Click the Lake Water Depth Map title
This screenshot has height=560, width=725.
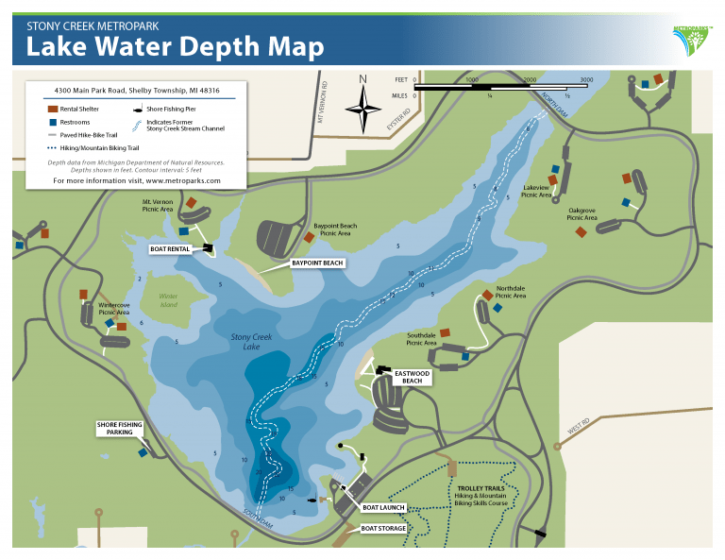click(176, 46)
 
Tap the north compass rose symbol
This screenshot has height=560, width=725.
click(362, 110)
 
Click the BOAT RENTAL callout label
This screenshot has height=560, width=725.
click(171, 249)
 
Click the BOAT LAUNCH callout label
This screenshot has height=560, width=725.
click(383, 507)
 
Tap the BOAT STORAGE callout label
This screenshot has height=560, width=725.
click(383, 528)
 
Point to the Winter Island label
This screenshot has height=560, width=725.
click(169, 300)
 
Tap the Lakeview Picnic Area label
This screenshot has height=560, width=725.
click(536, 192)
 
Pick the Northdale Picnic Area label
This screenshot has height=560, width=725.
click(511, 292)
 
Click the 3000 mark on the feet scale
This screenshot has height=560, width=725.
click(586, 80)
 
